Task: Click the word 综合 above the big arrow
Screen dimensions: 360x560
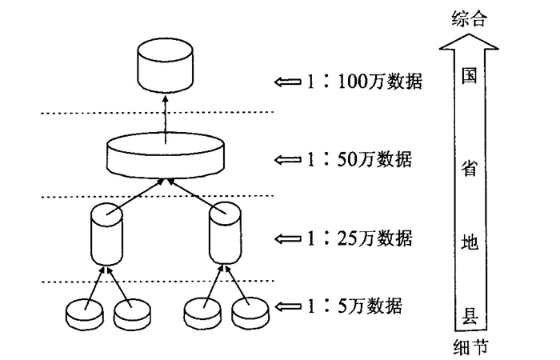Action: click(468, 18)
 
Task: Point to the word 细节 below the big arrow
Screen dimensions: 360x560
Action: click(470, 346)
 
